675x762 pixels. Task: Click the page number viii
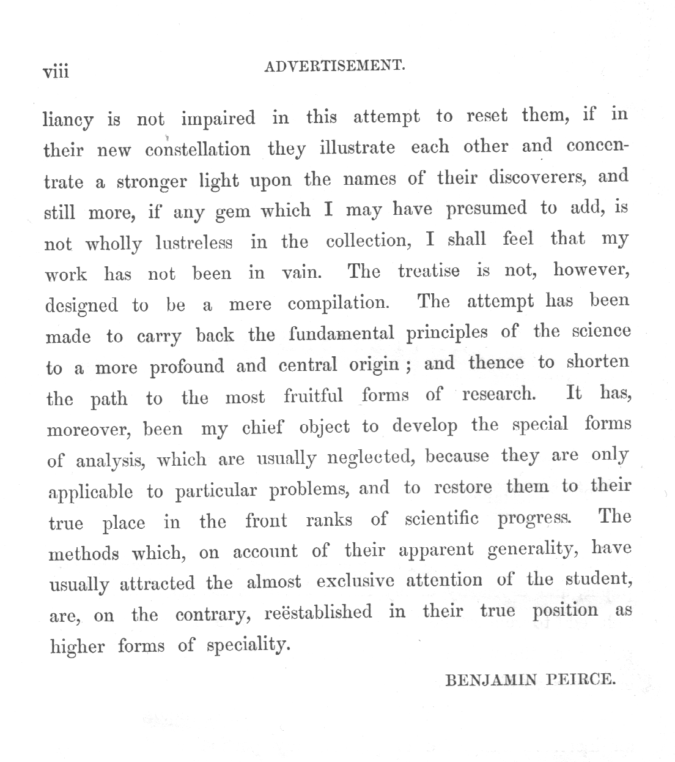[56, 72]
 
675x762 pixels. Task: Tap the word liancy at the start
[68, 120]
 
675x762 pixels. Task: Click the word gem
[233, 212]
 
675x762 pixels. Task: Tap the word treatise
[429, 271]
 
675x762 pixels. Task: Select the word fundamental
[342, 334]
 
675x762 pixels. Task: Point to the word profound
[187, 367]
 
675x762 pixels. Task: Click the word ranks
[329, 520]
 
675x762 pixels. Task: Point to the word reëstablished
[318, 612]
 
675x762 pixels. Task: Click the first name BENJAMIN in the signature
[490, 679]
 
